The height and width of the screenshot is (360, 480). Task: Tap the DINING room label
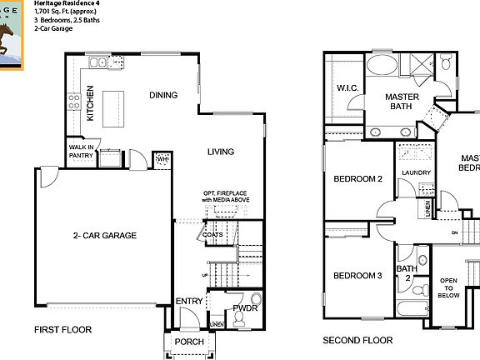coord(163,95)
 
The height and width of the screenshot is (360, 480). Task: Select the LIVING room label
coord(221,152)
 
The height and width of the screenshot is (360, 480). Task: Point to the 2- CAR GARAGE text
coord(104,235)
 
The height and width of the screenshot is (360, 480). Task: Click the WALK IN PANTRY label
coord(81,151)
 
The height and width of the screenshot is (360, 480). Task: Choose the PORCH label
coord(187,342)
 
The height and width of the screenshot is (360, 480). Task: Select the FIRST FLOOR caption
coord(62,330)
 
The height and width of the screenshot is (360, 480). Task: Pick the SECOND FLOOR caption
coord(357,340)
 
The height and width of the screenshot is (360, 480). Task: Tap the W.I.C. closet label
coord(347,88)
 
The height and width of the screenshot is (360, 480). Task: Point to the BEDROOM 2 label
coord(357,179)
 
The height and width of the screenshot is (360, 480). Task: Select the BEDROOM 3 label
coord(357,276)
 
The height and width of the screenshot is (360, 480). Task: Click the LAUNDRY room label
coord(415,173)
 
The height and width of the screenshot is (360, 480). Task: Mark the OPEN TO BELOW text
coord(448,287)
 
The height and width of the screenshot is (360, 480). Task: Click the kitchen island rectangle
coord(117,107)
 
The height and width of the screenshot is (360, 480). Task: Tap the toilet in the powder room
coord(256,301)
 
